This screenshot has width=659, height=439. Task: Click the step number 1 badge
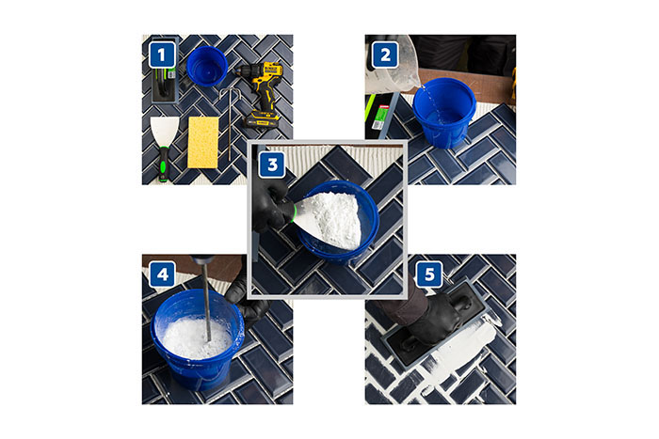[162, 55]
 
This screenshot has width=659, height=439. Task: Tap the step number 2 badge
[385, 55]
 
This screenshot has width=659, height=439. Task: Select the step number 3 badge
[272, 165]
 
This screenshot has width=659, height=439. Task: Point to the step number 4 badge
[162, 274]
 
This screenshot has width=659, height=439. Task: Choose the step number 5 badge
[429, 274]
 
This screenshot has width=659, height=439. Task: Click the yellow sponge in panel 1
[203, 142]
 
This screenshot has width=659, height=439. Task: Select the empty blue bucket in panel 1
[207, 67]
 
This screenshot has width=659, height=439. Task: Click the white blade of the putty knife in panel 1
[165, 131]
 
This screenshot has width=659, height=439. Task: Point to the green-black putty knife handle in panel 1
[163, 164]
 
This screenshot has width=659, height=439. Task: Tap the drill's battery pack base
[262, 120]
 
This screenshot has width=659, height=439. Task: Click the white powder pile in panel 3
[332, 218]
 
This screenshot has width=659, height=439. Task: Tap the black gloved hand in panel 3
[271, 204]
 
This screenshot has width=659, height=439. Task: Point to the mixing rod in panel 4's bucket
[206, 302]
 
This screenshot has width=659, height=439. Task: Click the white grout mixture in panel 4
[197, 337]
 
